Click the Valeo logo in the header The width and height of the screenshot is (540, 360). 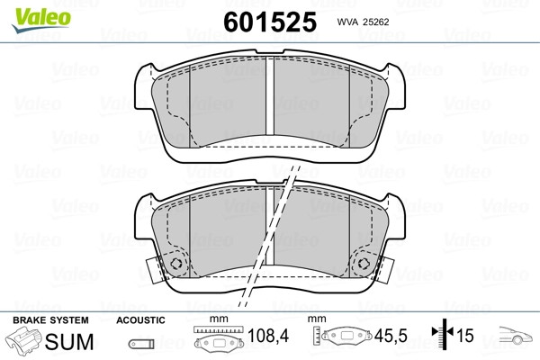[41, 20]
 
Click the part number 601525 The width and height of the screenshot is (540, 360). [270, 22]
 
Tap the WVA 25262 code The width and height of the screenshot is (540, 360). [363, 22]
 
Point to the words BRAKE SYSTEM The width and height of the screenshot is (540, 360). [50, 320]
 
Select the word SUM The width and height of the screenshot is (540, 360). [69, 341]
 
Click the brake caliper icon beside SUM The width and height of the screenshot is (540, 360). [23, 339]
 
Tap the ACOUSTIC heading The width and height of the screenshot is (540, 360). [140, 320]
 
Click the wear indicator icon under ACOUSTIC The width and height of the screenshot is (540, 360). [141, 344]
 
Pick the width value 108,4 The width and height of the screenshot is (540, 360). [268, 336]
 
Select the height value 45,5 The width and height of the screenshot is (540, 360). [391, 336]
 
